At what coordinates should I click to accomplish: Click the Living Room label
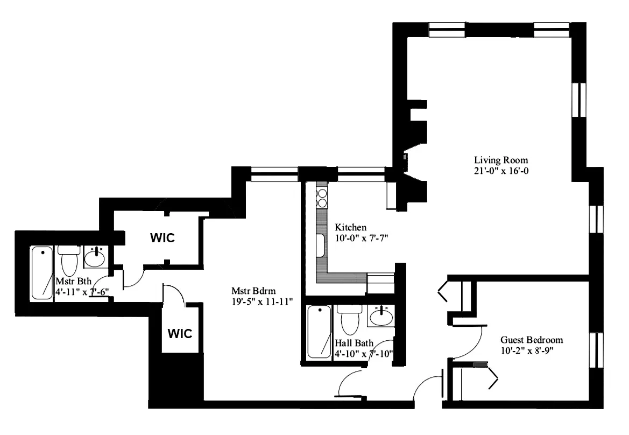click(x=500, y=160)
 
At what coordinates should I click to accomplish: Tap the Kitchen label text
click(x=350, y=227)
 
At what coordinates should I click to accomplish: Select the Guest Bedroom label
click(x=531, y=340)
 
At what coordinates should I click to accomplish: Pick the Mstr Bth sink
click(x=96, y=257)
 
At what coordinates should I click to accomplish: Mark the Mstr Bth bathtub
click(x=41, y=272)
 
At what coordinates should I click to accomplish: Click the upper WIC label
click(x=162, y=238)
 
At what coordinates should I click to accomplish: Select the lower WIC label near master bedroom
click(x=180, y=333)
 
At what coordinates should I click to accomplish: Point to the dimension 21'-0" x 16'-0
click(x=500, y=171)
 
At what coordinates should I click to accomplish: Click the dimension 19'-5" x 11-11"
click(x=258, y=301)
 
